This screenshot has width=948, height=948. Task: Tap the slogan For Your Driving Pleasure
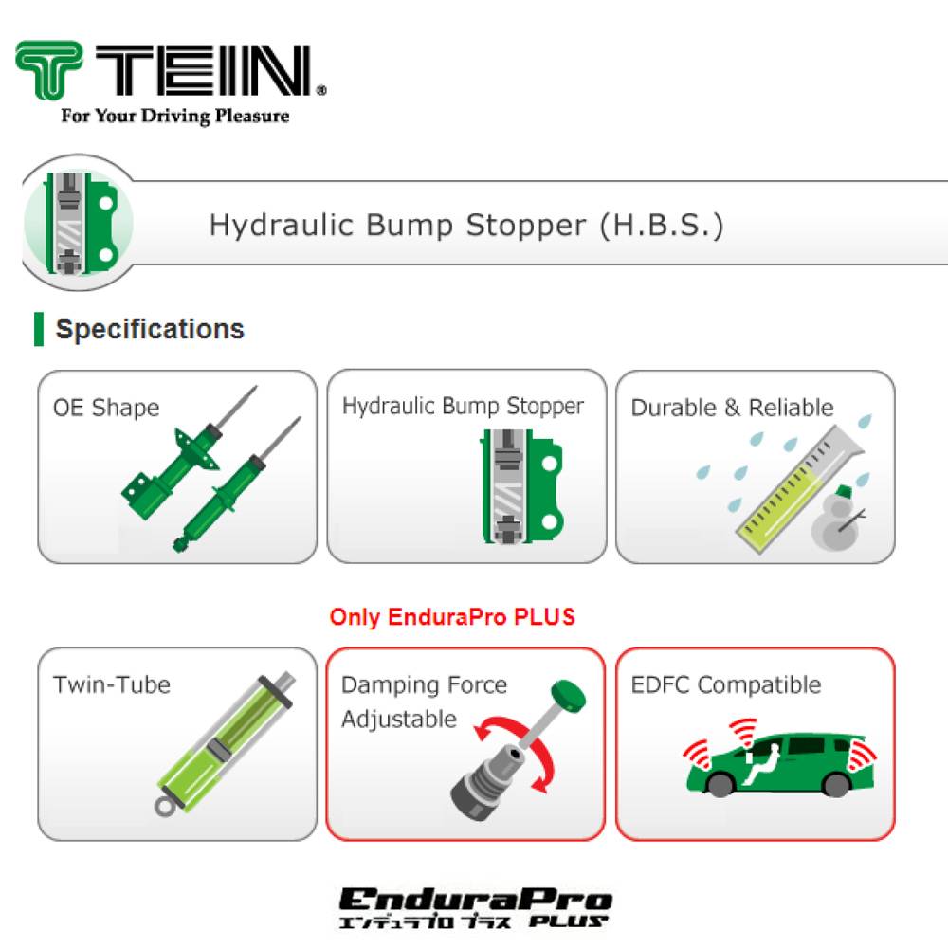(174, 117)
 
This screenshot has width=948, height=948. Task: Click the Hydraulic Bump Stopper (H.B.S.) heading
(465, 226)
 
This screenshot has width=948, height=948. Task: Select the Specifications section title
(150, 330)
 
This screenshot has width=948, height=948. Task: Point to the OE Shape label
(106, 408)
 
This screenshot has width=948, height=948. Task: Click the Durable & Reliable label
(732, 408)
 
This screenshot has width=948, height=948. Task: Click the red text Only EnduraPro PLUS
(452, 617)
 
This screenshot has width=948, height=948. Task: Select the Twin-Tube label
(112, 684)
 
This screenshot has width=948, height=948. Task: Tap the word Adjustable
(399, 719)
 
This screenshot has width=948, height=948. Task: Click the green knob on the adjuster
(567, 695)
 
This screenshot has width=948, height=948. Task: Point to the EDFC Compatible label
(726, 684)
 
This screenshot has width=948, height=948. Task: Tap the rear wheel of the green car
(837, 783)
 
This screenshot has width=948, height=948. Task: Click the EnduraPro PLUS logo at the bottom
(475, 906)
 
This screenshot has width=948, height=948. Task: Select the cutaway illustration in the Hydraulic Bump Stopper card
(517, 489)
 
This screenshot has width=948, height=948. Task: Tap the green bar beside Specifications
(39, 329)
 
